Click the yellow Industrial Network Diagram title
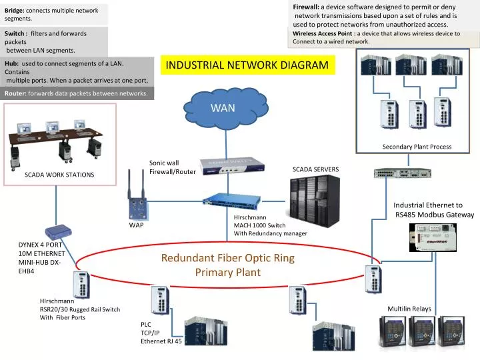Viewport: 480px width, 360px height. [247, 65]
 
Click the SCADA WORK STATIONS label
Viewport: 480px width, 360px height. [59, 175]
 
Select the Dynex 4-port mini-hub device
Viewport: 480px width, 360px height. [57, 231]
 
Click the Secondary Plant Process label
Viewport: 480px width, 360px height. [417, 147]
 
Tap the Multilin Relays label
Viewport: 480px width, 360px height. [409, 309]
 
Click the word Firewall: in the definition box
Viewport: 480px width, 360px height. [306, 6]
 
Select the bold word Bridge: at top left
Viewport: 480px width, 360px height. [14, 11]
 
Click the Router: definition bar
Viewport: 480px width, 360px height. [77, 93]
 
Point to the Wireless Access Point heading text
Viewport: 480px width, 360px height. [323, 33]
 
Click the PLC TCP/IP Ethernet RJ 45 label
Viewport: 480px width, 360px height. [161, 333]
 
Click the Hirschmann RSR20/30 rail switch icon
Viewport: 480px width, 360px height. [82, 285]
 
